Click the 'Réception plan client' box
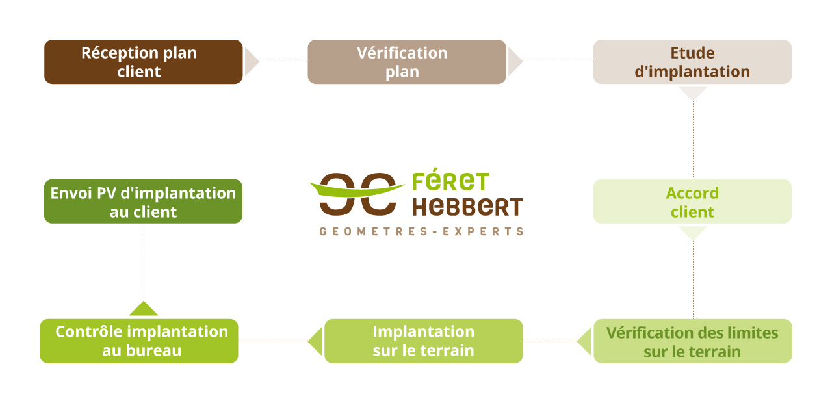tap(144, 62)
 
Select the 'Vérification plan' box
tap(407, 62)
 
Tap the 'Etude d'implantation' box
tap(692, 62)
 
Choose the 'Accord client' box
tap(692, 201)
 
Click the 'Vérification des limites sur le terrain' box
tap(692, 341)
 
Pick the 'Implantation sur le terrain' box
tap(423, 341)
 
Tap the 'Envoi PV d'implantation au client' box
tap(143, 201)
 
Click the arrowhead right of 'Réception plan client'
tap(251, 62)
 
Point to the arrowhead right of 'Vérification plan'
tap(514, 62)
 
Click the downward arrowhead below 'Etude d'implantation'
tap(692, 93)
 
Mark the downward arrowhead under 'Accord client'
tap(692, 233)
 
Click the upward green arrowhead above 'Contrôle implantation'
tap(144, 309)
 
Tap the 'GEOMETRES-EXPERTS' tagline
tap(421, 231)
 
